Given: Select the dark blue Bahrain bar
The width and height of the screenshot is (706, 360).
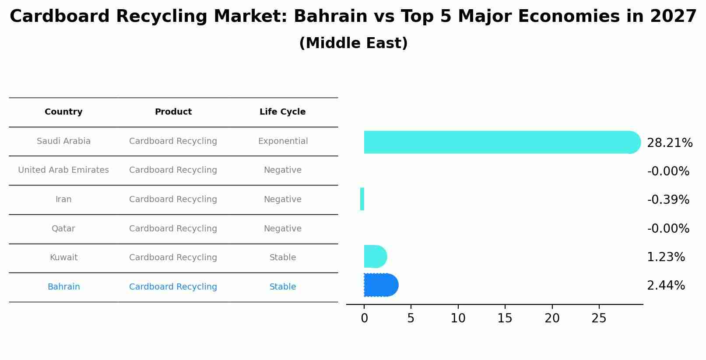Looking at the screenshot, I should coord(380,285).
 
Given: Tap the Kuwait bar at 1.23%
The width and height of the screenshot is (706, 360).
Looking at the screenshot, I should coord(375,256).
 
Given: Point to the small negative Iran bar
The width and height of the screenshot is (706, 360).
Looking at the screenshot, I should coord(362,199).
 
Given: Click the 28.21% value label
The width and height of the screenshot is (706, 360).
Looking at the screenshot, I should coord(669,143).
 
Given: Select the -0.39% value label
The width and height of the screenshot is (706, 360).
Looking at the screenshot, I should coord(668,200).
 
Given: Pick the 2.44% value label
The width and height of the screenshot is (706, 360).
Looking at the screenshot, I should coord(666,286).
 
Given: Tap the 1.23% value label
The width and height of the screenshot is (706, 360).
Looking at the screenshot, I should coord(666,257).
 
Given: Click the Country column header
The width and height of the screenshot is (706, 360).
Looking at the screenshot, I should coord(63,112).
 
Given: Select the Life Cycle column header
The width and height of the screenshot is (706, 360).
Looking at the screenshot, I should coord(282,112).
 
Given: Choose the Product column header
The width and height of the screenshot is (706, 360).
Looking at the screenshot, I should coord(173,112).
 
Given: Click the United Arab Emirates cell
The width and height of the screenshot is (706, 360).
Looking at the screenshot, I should coord(63,170).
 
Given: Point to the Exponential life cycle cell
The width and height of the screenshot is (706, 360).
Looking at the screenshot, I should coord(283,141).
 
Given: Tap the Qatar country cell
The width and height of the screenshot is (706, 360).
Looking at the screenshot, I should coord(63,229).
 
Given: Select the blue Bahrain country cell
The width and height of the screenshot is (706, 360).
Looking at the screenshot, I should coord(63,287).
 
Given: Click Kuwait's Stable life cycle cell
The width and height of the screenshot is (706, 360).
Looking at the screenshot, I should coord(283,258).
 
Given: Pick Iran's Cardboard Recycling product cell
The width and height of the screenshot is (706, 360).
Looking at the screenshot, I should coord(173,199).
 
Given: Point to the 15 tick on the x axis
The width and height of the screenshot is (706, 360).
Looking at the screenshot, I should coord(505,318).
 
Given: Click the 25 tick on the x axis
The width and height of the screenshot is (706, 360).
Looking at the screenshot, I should coord(599,318).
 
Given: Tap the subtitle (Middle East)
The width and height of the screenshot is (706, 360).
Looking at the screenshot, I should coord(353,43).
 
